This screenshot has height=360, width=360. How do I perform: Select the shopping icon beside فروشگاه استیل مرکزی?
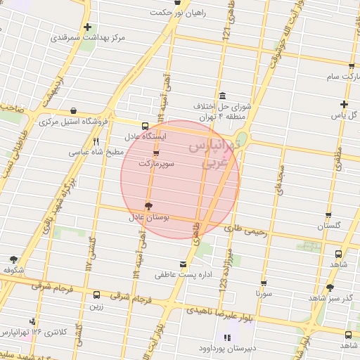pyautogui.click(x=73, y=111)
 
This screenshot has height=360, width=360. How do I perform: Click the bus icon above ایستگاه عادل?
pyautogui.click(x=145, y=126)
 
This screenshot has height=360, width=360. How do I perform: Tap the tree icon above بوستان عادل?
pyautogui.click(x=148, y=206)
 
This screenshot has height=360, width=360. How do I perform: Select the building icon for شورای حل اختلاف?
pyautogui.click(x=223, y=96)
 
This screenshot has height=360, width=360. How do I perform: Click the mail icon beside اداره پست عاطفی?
pyautogui.click(x=184, y=264)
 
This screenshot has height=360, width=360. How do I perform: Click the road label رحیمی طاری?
pyautogui.click(x=246, y=229)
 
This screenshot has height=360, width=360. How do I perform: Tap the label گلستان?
pyautogui.click(x=328, y=226)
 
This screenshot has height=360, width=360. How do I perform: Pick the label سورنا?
pyautogui.click(x=264, y=292)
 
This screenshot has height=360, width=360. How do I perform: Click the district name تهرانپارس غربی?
pyautogui.click(x=215, y=154)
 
